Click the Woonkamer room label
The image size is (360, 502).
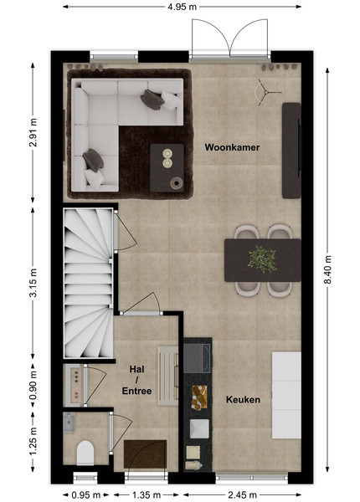click(232, 147)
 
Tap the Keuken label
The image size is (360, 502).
click(243, 400)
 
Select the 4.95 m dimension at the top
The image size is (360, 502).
click(182, 7)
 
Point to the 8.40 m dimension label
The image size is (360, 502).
click(327, 269)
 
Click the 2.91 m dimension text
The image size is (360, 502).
click(33, 132)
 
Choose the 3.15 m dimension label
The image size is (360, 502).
click(33, 283)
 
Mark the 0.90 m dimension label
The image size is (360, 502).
click(33, 386)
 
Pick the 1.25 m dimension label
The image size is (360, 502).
click(33, 439)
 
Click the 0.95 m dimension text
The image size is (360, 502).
click(86, 495)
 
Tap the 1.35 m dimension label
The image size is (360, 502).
click(147, 495)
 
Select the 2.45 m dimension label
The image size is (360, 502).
click(243, 495)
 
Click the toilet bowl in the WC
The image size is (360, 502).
click(85, 453)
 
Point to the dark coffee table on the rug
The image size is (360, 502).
click(167, 168)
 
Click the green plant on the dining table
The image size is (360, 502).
click(262, 259)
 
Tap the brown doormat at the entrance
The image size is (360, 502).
click(145, 454)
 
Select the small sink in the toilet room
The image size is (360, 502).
click(69, 423)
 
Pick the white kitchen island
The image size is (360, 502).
click(286, 395)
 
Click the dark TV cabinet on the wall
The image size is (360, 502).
click(291, 151)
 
